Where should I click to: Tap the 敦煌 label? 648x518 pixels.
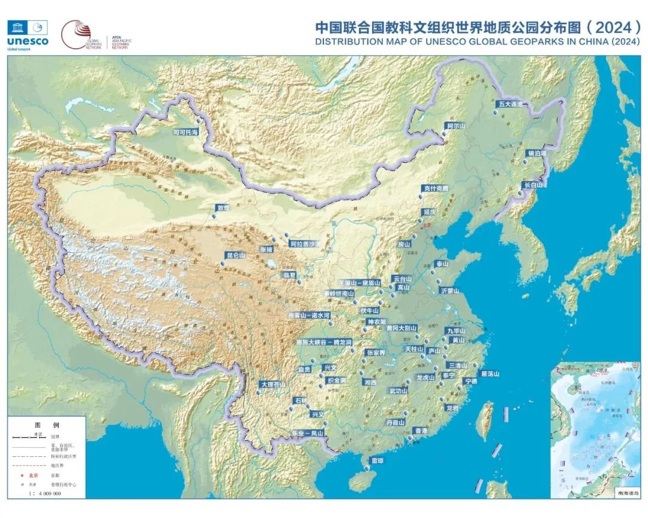click(x=223, y=208)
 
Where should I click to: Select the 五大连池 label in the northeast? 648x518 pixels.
click(x=510, y=104)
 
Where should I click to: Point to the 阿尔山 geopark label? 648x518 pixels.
click(x=456, y=126)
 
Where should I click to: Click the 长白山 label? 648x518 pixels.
click(x=532, y=185)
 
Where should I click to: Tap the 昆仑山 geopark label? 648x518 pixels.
click(x=235, y=255)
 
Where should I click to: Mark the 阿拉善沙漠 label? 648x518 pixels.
click(x=305, y=244)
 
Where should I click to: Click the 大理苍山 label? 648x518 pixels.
click(x=272, y=384)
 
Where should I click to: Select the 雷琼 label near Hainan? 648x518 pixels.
click(x=377, y=460)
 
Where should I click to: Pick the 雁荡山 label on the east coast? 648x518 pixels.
click(x=489, y=373)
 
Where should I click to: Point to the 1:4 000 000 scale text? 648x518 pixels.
click(x=44, y=493)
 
